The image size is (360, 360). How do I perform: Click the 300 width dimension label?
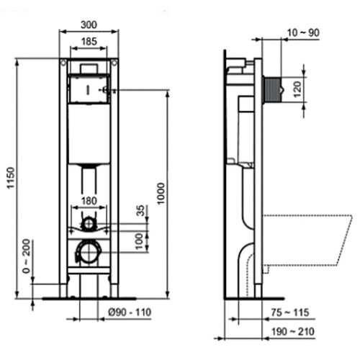(89, 24)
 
